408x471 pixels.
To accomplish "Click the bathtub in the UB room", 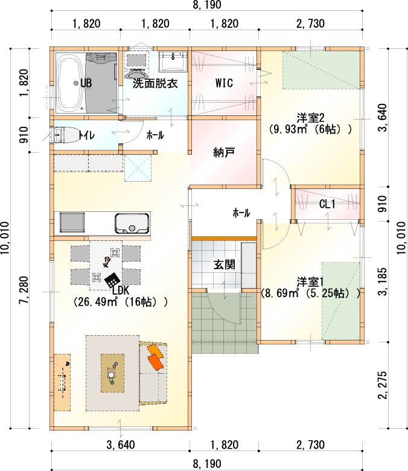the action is (71, 83).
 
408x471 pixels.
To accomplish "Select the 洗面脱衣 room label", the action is (155, 83).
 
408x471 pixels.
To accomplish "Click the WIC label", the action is (224, 83).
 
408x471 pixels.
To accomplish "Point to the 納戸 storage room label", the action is (224, 153).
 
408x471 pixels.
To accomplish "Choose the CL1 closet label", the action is (327, 205).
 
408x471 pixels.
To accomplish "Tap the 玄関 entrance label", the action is (224, 264).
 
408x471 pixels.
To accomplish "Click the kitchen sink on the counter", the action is (132, 224).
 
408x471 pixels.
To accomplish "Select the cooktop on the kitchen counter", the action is (72, 222).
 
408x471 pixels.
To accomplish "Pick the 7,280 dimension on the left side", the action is (24, 290).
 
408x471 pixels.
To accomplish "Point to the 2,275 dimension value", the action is (383, 385).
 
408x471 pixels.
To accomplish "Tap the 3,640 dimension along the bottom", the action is (121, 444).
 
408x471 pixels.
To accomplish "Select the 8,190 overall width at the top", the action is (207, 4).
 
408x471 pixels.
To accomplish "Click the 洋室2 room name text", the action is (309, 118).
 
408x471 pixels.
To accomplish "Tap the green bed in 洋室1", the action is (341, 301).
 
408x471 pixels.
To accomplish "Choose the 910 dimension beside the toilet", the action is (24, 135).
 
